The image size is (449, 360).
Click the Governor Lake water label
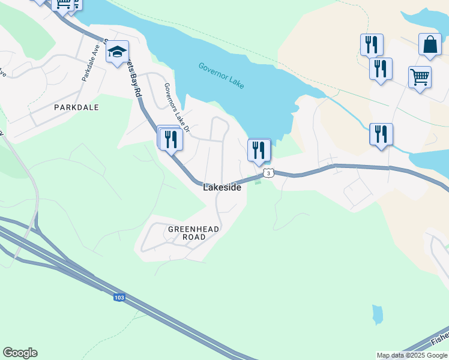point(221,76)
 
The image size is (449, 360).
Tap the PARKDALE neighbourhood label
point(76,107)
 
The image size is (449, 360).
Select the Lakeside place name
point(222,187)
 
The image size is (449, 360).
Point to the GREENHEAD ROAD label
point(193,233)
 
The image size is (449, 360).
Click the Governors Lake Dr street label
point(177,108)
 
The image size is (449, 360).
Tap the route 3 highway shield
point(268,173)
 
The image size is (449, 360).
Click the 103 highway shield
point(119,297)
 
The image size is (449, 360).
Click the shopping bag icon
point(430,44)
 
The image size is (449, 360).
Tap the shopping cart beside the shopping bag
point(420,77)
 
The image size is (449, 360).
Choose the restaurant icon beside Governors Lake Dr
point(172,139)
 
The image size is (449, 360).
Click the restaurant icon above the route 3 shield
point(259,149)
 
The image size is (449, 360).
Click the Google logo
point(20,353)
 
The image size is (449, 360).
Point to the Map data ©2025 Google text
point(412,355)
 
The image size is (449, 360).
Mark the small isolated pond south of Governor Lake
point(377,314)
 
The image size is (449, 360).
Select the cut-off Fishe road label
point(439,339)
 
